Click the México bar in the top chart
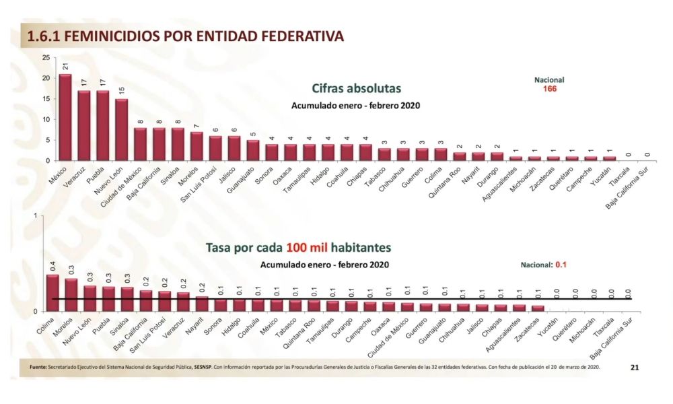click(65, 117)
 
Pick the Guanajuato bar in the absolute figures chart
click(252, 150)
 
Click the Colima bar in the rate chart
click(52, 293)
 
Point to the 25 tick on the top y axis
click(45, 58)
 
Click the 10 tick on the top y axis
click(45, 119)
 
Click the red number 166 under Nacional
click(550, 88)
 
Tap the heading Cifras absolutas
click(356, 88)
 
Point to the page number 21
click(635, 367)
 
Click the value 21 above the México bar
click(65, 67)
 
